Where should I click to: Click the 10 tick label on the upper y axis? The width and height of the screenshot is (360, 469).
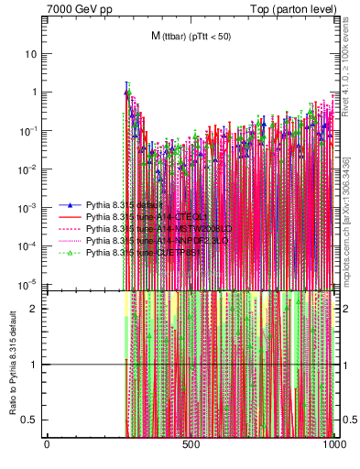pyautogui.click(x=31, y=53)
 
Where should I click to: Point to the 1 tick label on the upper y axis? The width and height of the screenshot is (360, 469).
pyautogui.click(x=34, y=92)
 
